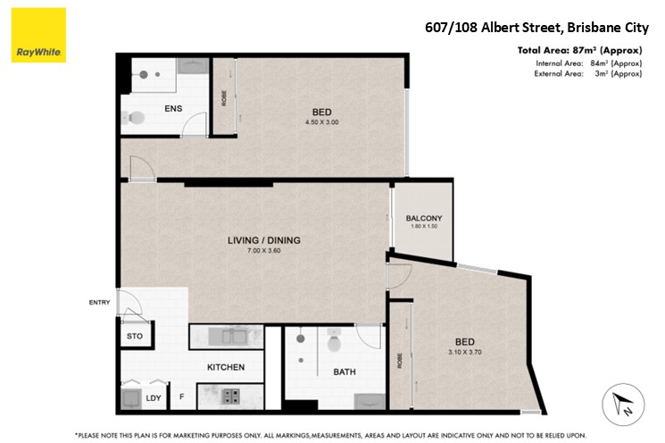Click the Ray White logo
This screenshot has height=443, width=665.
(38, 35)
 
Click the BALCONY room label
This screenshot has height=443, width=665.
(424, 218)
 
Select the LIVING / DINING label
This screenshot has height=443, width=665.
(264, 240)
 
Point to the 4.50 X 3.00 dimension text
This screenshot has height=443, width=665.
(322, 122)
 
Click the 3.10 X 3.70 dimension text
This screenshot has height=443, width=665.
(465, 352)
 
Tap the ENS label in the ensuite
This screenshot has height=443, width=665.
(173, 109)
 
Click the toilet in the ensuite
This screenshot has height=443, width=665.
(133, 118)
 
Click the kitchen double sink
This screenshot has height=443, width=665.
(228, 337)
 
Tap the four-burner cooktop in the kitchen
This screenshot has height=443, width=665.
(230, 397)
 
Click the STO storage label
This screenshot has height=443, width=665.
(135, 336)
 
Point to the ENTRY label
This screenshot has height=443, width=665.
(99, 302)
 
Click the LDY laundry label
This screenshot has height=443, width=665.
(154, 398)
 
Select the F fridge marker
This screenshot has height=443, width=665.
(181, 397)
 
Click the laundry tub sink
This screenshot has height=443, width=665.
(130, 399)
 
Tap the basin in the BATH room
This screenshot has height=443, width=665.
(370, 401)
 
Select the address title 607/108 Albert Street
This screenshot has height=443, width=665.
(494, 28)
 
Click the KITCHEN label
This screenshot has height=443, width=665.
(226, 367)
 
